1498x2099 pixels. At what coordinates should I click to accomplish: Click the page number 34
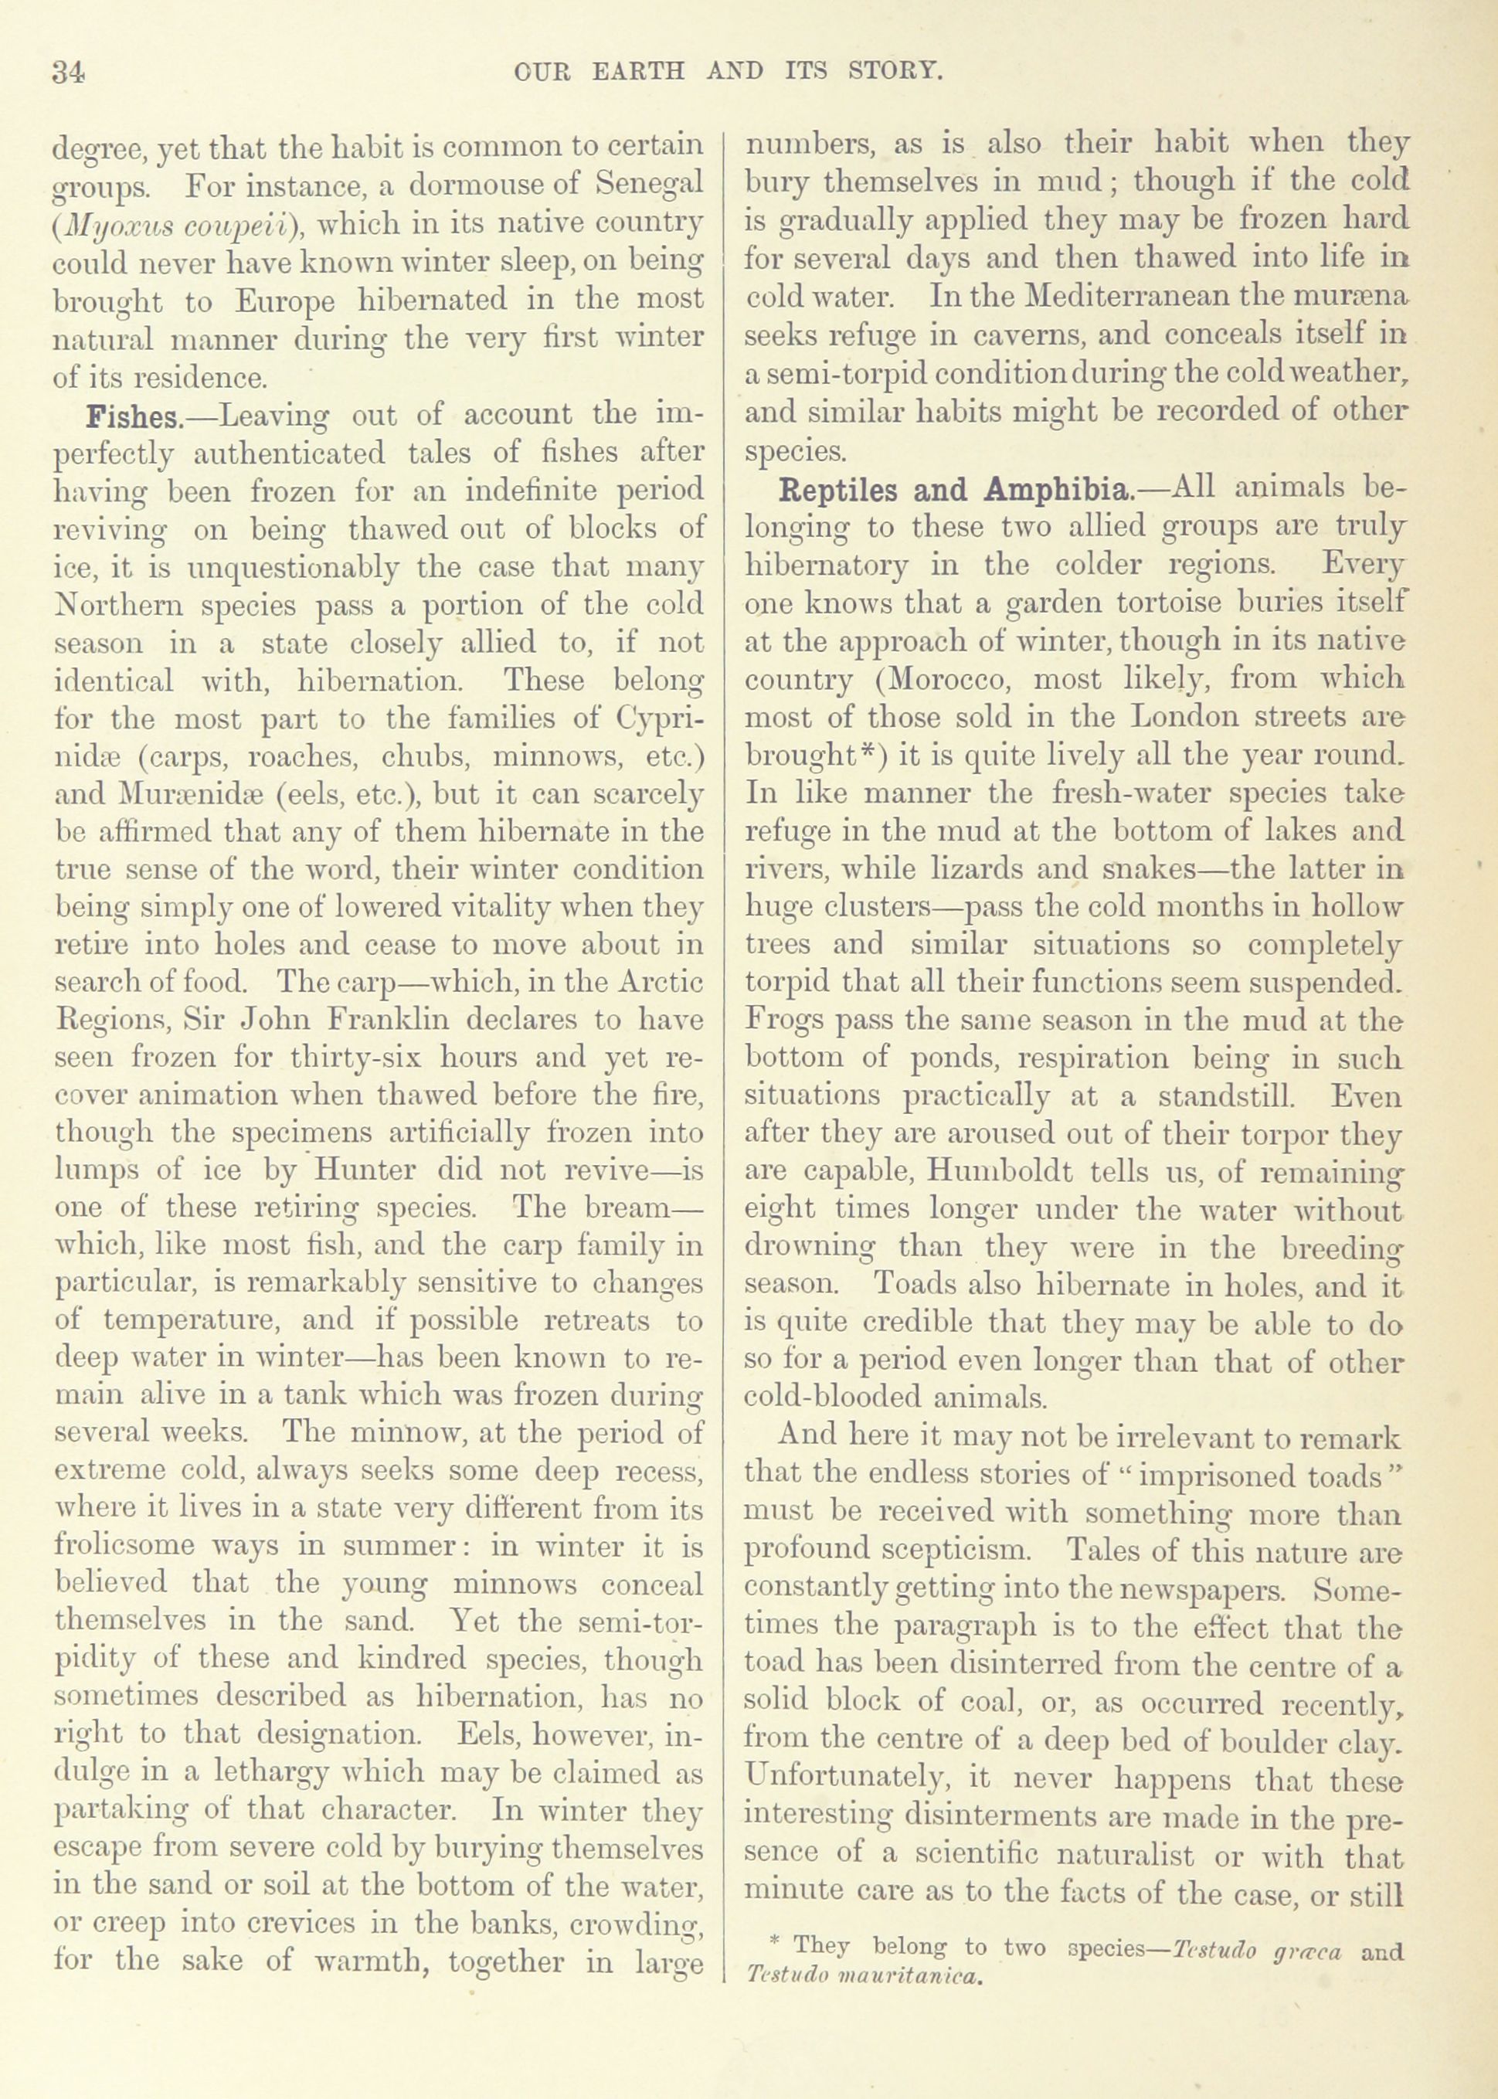70,72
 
